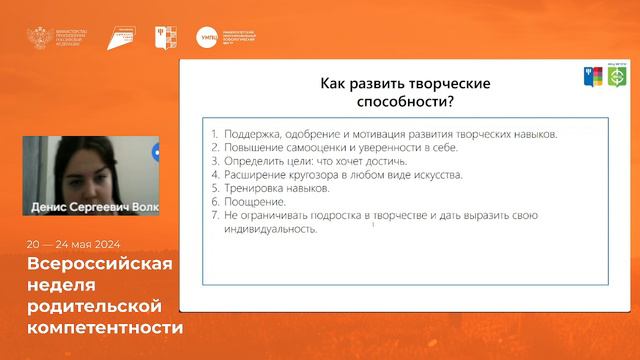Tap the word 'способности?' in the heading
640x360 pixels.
(x=398, y=102)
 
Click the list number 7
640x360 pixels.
(x=215, y=215)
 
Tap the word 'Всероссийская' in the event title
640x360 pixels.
(x=100, y=264)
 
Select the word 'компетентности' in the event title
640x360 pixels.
(x=106, y=326)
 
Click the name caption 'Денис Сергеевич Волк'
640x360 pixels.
(x=90, y=208)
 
